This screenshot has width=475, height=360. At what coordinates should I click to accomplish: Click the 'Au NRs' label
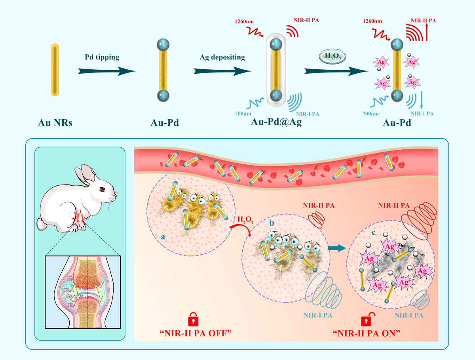[x=55, y=123]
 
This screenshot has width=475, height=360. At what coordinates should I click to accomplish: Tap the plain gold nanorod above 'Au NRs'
[x=55, y=70]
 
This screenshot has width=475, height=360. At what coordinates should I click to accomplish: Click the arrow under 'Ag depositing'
[x=222, y=71]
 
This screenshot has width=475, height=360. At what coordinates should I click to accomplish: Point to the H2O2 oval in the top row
[x=332, y=56]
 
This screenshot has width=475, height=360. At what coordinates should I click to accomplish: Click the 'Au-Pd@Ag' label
[x=276, y=122]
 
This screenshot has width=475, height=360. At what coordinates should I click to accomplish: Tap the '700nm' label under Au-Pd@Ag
[x=249, y=114]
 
